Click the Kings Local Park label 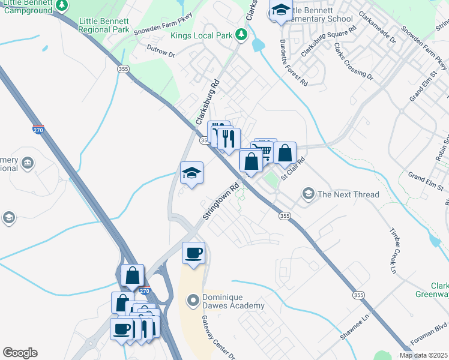point(201,35)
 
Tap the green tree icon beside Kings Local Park point(241,35)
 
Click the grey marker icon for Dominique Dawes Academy point(193,298)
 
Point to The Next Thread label point(348,194)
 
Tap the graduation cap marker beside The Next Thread point(308,193)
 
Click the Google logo point(20,353)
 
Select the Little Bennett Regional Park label point(104,25)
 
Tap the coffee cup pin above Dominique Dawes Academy point(193,253)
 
